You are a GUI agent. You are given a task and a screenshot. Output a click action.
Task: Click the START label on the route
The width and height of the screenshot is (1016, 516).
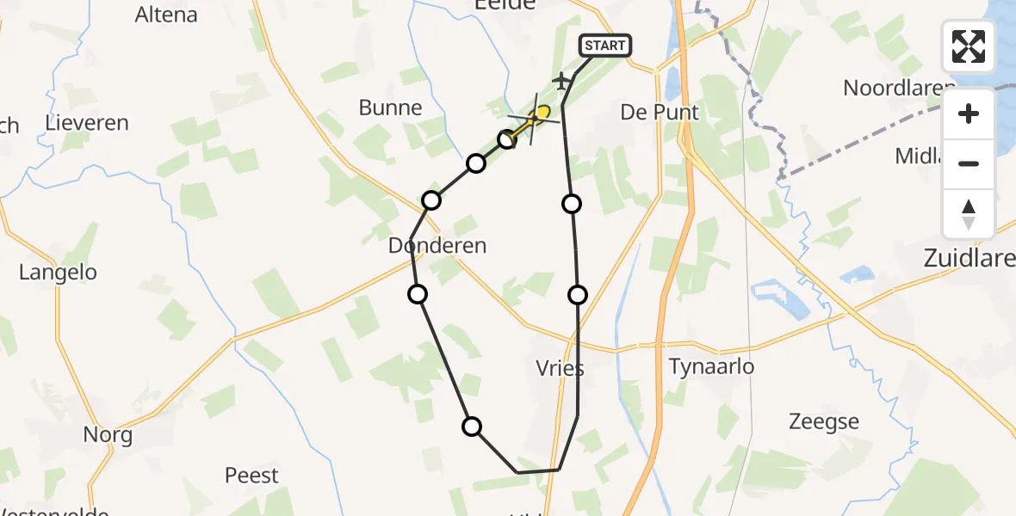click(606, 46)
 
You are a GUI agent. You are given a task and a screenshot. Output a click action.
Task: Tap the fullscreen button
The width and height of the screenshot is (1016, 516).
click(969, 46)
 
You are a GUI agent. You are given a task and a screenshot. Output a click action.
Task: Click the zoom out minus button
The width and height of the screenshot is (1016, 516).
click(969, 163)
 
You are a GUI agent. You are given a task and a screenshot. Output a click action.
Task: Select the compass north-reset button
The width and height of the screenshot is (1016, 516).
click(969, 214)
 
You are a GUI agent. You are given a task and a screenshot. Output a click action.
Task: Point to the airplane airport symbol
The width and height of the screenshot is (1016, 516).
click(562, 81)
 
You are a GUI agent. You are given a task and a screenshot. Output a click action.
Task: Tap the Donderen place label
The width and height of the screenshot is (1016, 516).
click(437, 246)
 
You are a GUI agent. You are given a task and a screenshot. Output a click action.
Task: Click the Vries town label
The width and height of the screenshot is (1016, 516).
click(559, 369)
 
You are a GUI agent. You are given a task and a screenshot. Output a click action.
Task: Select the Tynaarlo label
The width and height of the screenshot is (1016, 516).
click(711, 367)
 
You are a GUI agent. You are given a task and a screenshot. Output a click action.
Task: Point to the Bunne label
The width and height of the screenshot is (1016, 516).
click(392, 108)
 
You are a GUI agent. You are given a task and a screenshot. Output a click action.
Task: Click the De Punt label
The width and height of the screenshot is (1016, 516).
click(660, 113)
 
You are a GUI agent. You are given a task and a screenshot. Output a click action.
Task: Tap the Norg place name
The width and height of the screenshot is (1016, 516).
click(108, 435)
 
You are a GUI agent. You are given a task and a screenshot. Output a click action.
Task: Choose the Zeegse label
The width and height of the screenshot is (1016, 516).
click(824, 421)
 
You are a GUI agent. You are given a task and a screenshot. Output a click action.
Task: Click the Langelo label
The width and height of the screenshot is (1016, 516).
click(58, 273)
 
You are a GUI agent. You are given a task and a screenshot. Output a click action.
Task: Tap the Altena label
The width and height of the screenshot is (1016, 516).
click(166, 15)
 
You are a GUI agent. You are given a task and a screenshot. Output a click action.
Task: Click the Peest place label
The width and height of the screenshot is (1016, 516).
click(251, 476)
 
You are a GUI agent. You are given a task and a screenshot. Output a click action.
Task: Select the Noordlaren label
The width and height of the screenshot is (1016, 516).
click(898, 88)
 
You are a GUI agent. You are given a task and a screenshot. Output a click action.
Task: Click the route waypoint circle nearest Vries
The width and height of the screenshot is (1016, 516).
click(578, 295)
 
